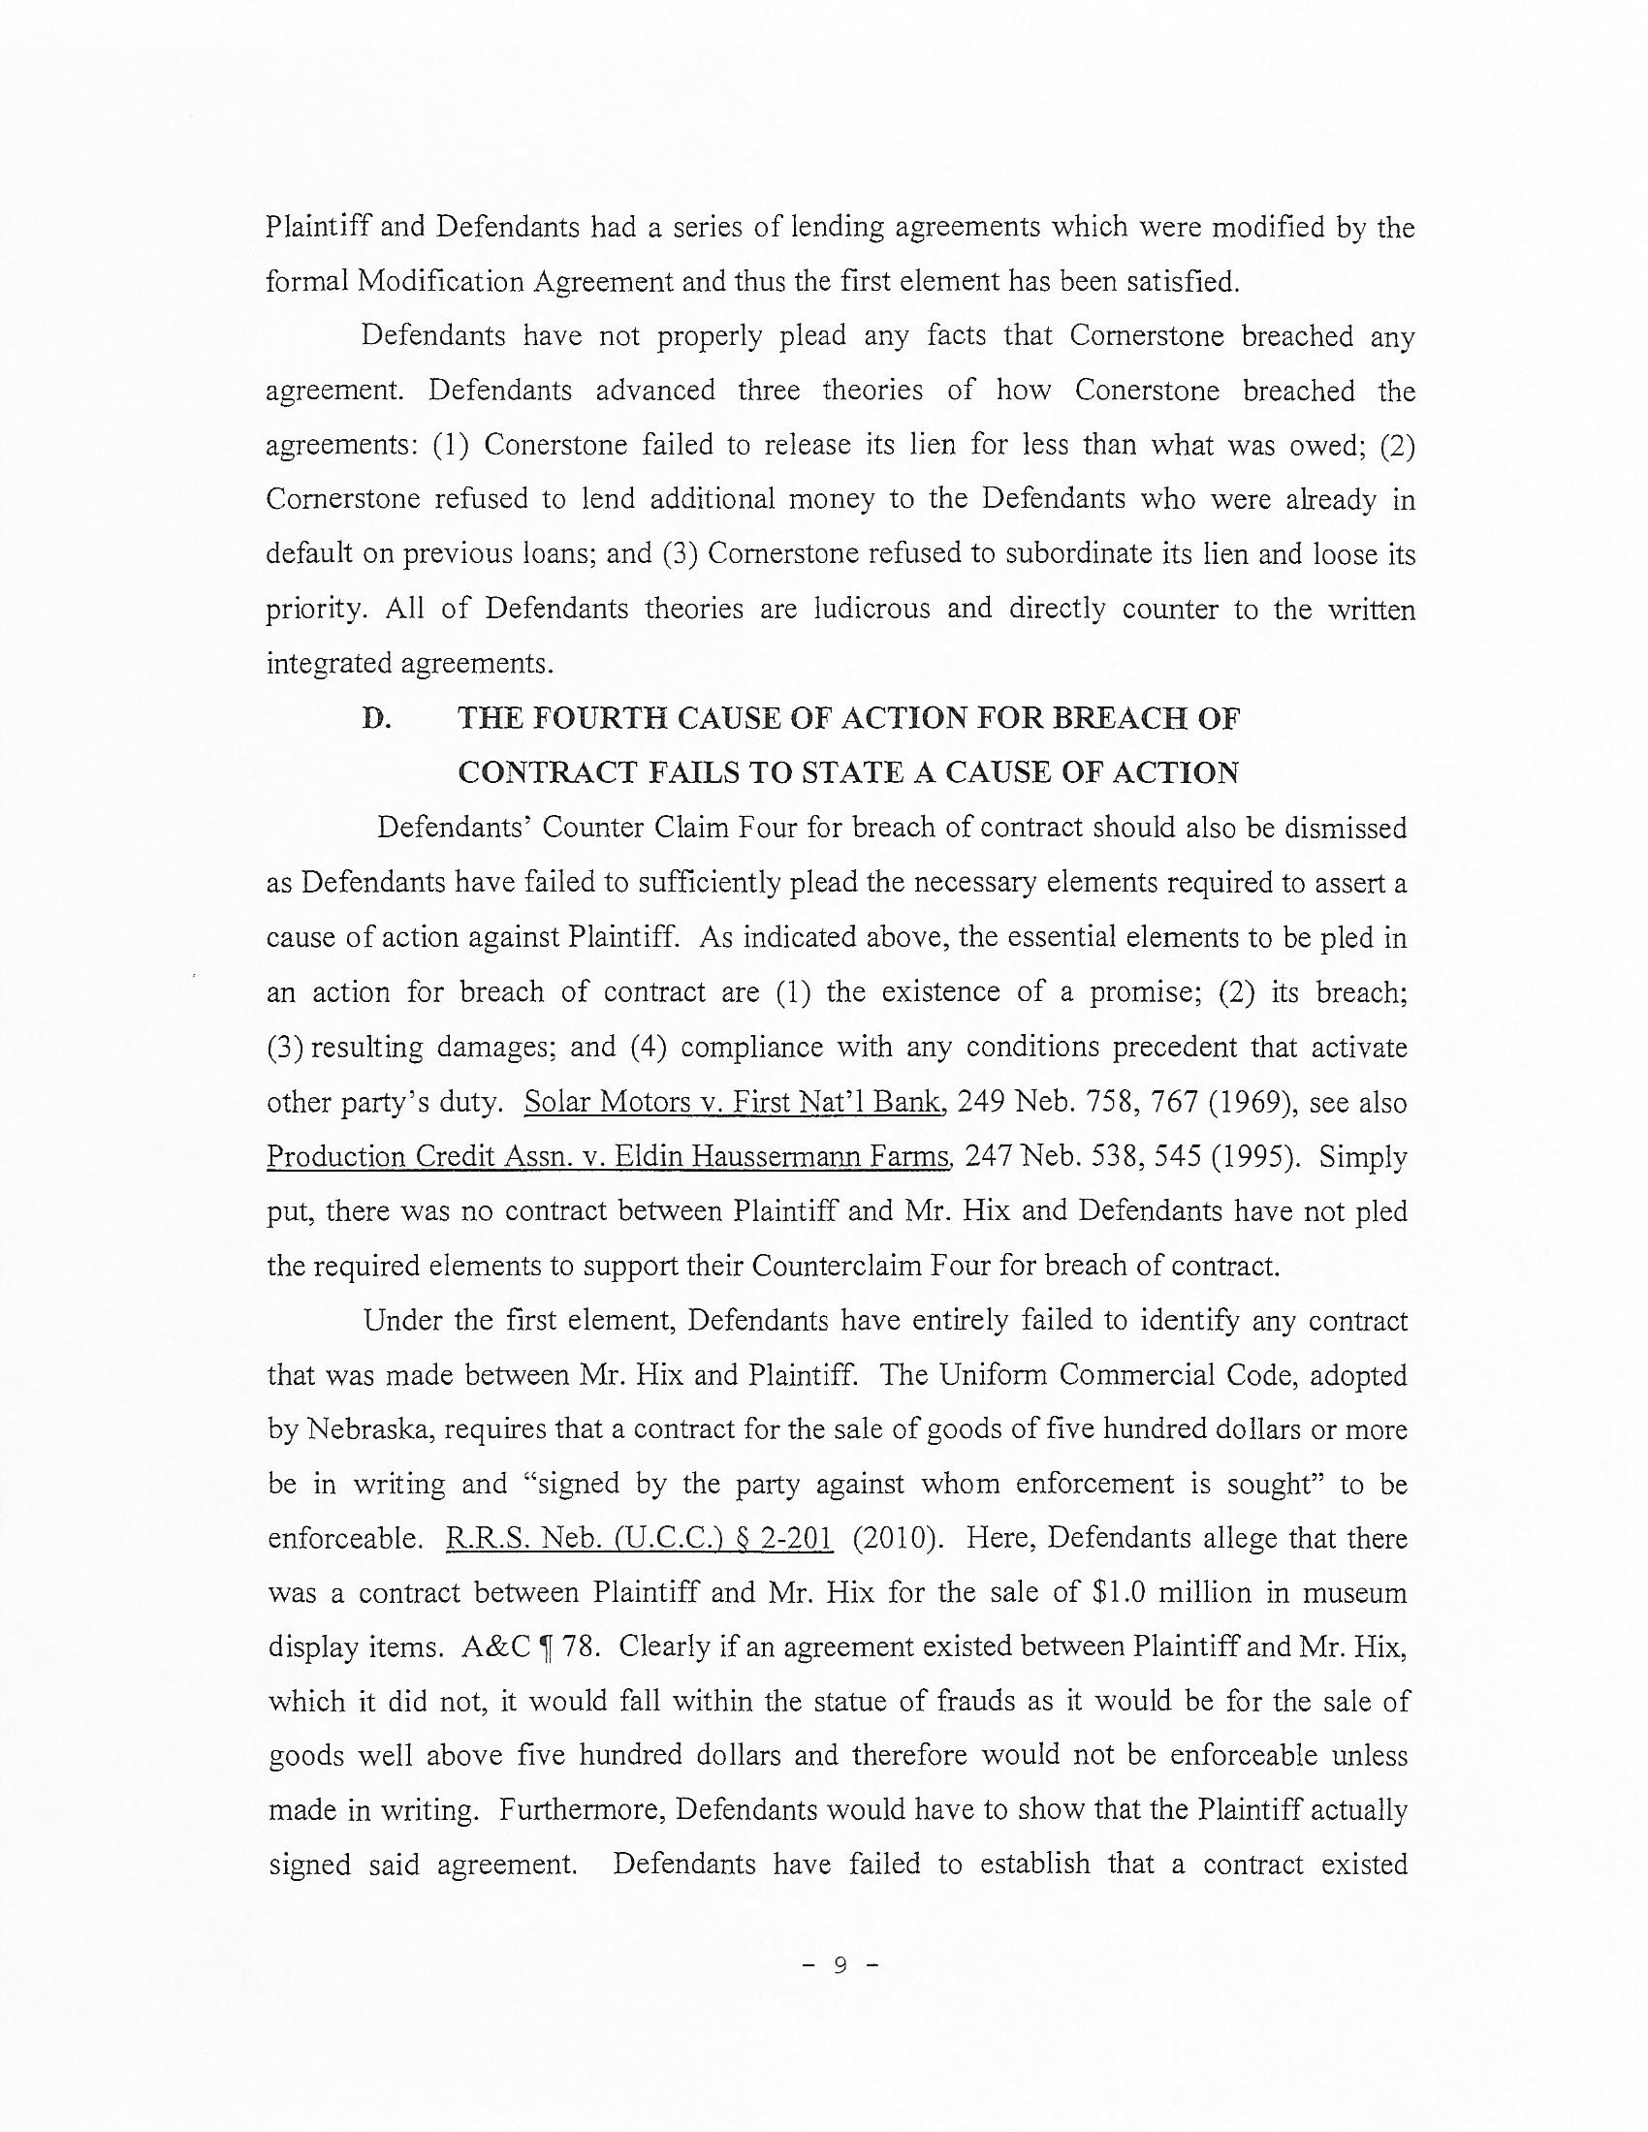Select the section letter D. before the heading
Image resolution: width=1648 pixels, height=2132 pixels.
376,719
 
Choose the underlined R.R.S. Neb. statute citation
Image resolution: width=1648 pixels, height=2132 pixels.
640,1540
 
